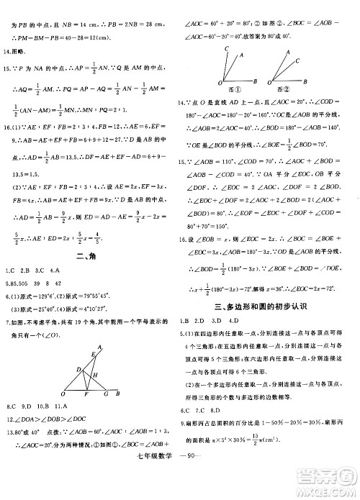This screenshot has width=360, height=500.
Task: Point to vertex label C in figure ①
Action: pyautogui.click(x=227, y=48)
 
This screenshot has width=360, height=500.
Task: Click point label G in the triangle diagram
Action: pyautogui.click(x=107, y=395)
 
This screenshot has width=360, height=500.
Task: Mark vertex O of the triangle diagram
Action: pyautogui.click(x=63, y=395)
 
